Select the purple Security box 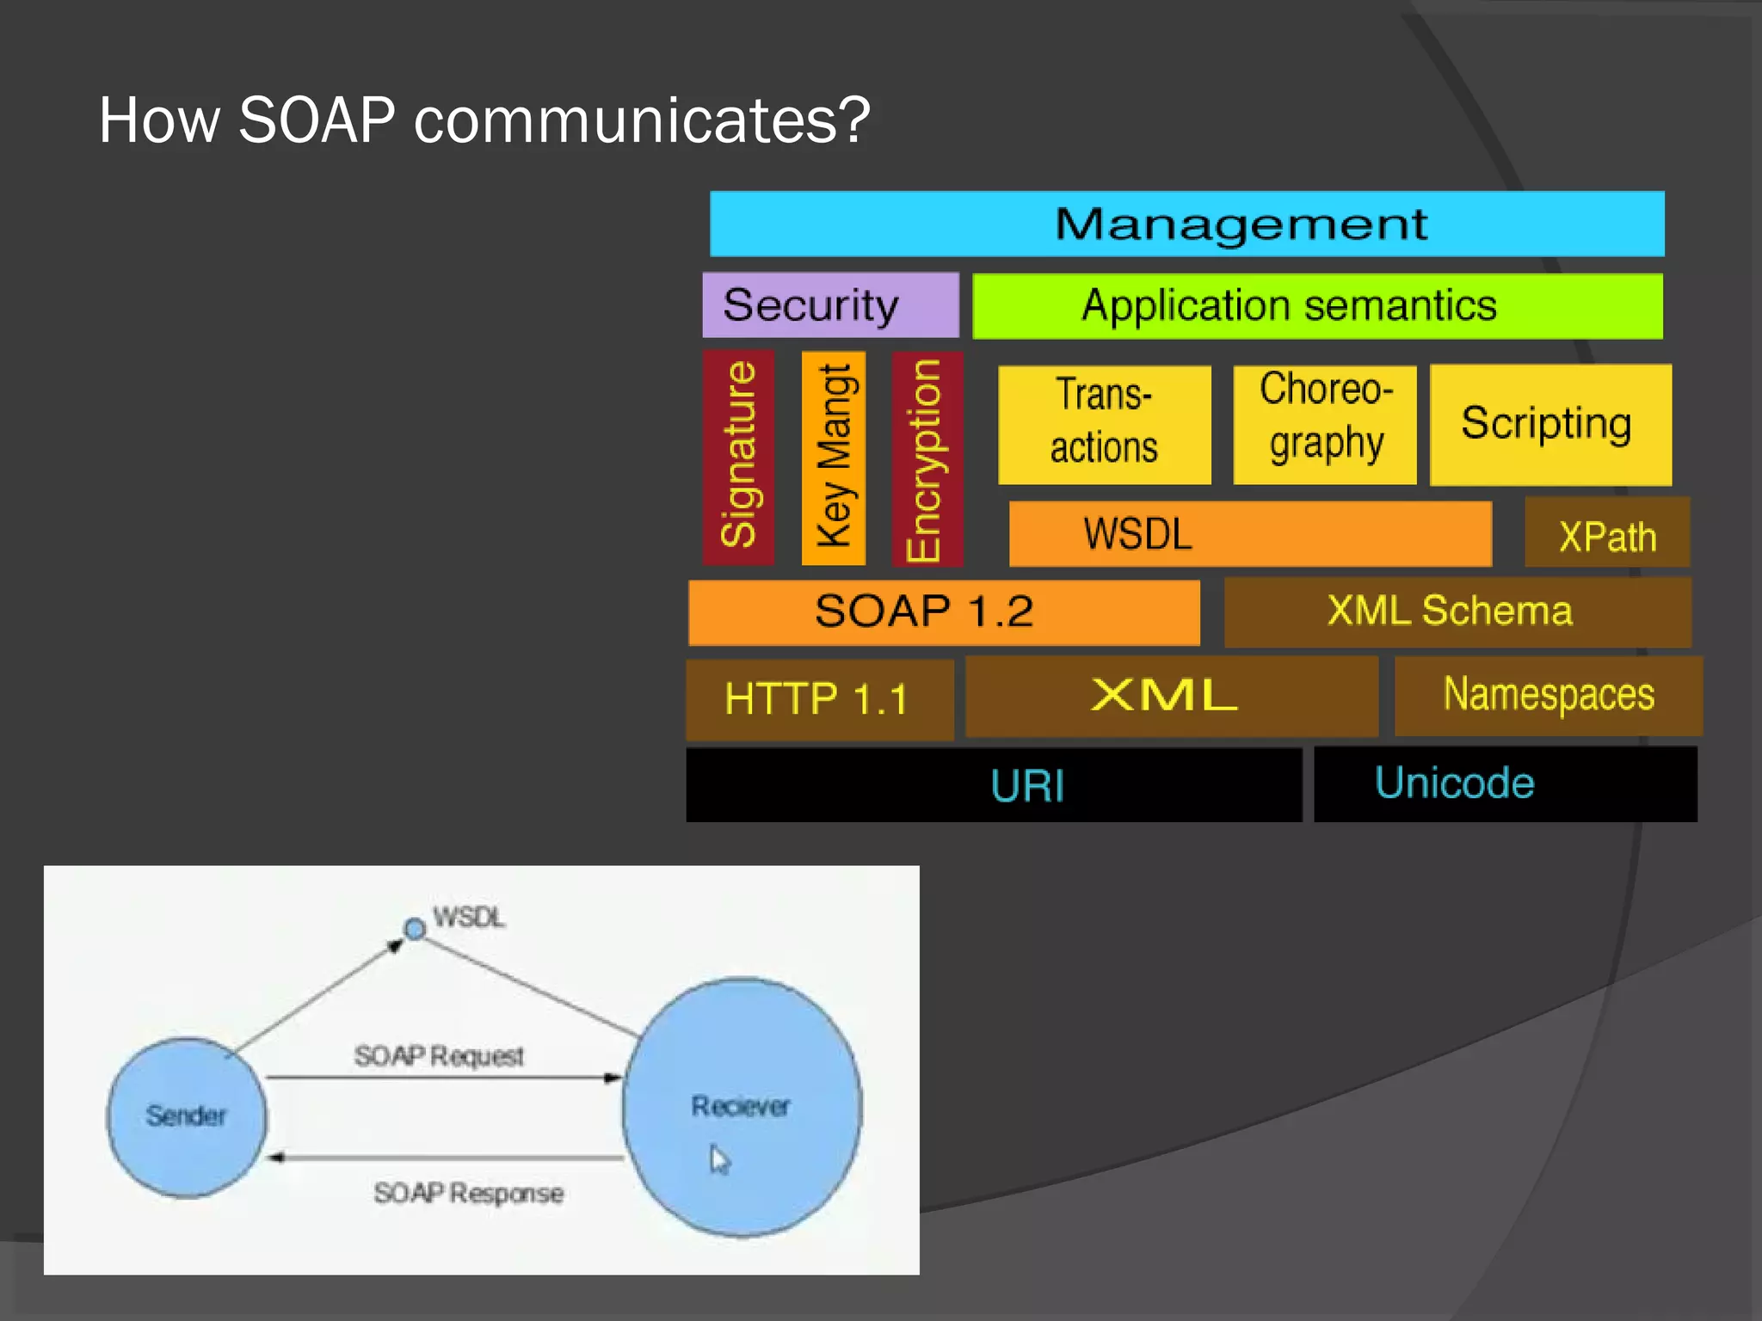point(830,305)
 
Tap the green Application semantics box point(1316,306)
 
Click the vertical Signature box point(738,457)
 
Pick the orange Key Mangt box point(833,457)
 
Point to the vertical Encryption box point(927,458)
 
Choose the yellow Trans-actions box point(1104,425)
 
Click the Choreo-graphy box point(1324,425)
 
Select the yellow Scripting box point(1549,424)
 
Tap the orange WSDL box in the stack point(1249,534)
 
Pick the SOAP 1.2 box point(944,612)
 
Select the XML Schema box point(1457,611)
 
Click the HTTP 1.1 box point(819,698)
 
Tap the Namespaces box point(1548,695)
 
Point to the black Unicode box point(1505,783)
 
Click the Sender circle point(186,1116)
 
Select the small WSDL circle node point(415,929)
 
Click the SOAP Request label point(439,1055)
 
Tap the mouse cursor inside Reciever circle point(719,1158)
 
